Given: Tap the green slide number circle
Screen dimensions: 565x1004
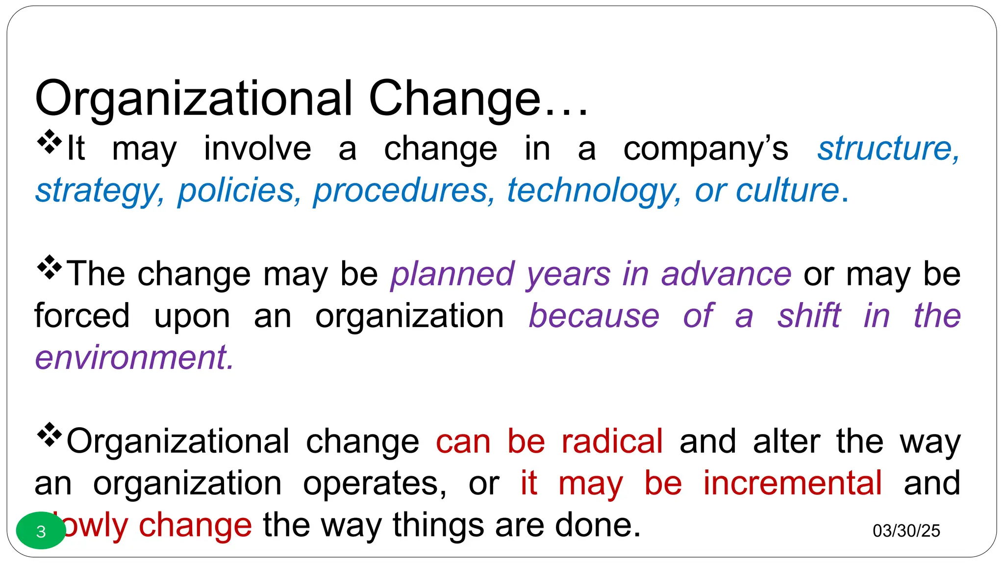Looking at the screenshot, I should [41, 531].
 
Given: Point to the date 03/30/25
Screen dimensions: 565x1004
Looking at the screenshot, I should [906, 531].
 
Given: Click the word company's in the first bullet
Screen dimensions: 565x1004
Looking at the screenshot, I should [705, 149].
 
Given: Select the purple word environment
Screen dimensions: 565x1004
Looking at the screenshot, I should [134, 358].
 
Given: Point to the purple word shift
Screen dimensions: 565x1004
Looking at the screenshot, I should [809, 315].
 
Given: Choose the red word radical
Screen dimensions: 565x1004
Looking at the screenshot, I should [612, 441].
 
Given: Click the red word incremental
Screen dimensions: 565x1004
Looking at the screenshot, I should [792, 483].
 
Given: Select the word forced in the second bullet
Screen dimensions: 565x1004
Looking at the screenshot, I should [82, 315].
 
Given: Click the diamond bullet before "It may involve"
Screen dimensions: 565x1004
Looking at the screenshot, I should [50, 142].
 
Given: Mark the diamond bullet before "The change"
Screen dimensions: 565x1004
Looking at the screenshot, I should [50, 267].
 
